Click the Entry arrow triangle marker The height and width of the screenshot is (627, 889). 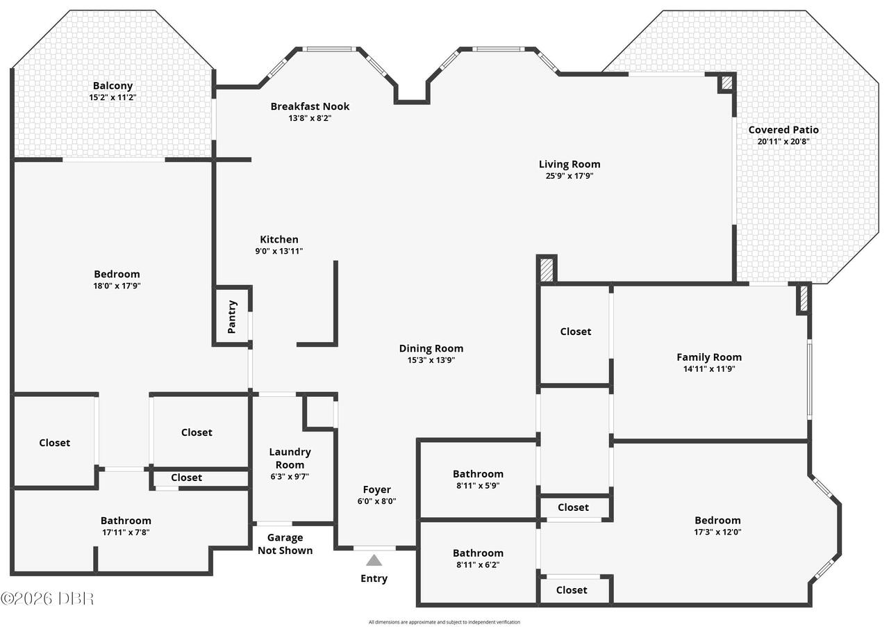click(x=374, y=560)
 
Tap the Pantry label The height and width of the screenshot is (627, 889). click(x=232, y=317)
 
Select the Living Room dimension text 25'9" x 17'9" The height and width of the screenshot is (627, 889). click(x=569, y=176)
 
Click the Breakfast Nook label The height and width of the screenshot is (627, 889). click(x=310, y=106)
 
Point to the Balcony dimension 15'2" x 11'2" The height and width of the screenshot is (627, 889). click(x=113, y=97)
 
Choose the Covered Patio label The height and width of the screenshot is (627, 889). click(x=783, y=129)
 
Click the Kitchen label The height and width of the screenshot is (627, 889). click(x=279, y=239)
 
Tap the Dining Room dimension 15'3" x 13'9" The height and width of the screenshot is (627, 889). click(x=431, y=360)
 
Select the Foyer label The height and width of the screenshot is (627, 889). click(x=376, y=489)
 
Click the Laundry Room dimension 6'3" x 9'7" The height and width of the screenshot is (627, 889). click(x=290, y=476)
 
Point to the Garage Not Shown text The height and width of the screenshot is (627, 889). click(x=285, y=544)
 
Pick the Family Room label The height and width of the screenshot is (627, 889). click(x=709, y=357)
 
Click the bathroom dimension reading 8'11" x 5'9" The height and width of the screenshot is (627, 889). click(x=478, y=486)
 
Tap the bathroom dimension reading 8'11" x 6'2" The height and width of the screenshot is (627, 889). click(x=478, y=564)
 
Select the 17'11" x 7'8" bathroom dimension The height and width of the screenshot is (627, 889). click(x=126, y=532)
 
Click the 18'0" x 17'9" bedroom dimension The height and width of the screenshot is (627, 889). click(x=117, y=286)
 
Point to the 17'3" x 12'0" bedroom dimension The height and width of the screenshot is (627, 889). click(x=717, y=532)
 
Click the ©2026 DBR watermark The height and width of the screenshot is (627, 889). click(x=47, y=598)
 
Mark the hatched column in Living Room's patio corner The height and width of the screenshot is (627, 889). click(x=726, y=83)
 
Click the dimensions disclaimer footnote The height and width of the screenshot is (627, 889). click(x=444, y=622)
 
